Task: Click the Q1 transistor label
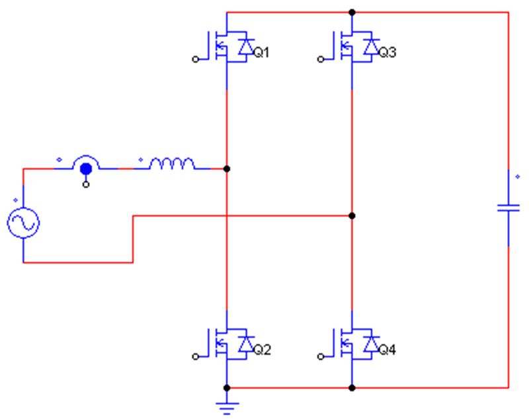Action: click(261, 53)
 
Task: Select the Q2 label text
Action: click(262, 350)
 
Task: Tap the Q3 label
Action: click(387, 53)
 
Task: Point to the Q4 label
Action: click(387, 350)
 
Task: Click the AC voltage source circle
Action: click(23, 223)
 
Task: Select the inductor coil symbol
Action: click(172, 163)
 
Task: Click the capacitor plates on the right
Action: click(509, 208)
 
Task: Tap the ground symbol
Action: click(227, 408)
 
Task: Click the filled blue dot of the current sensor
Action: click(86, 169)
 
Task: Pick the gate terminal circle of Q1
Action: click(195, 59)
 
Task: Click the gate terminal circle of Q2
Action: click(195, 357)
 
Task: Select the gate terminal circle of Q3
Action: click(321, 59)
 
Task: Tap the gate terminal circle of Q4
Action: click(321, 357)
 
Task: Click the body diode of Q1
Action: click(246, 47)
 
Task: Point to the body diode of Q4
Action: click(372, 344)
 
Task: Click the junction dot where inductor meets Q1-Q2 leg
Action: click(227, 169)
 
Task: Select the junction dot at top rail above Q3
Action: click(352, 13)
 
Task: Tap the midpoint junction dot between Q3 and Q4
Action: click(352, 215)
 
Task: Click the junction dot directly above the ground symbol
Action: click(227, 388)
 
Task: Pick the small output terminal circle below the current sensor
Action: click(86, 184)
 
